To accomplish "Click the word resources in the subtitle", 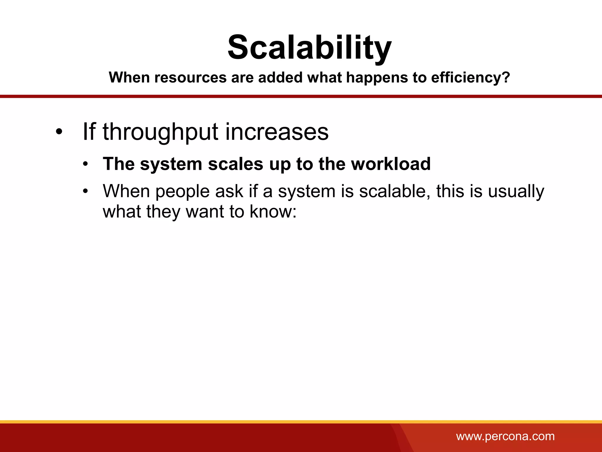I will [190, 78].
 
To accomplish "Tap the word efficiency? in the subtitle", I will [470, 78].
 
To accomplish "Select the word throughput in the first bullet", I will [160, 132].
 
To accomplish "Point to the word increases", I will [277, 132].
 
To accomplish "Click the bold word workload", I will [391, 164].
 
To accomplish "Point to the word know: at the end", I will [273, 212].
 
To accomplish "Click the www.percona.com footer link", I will [505, 436].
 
